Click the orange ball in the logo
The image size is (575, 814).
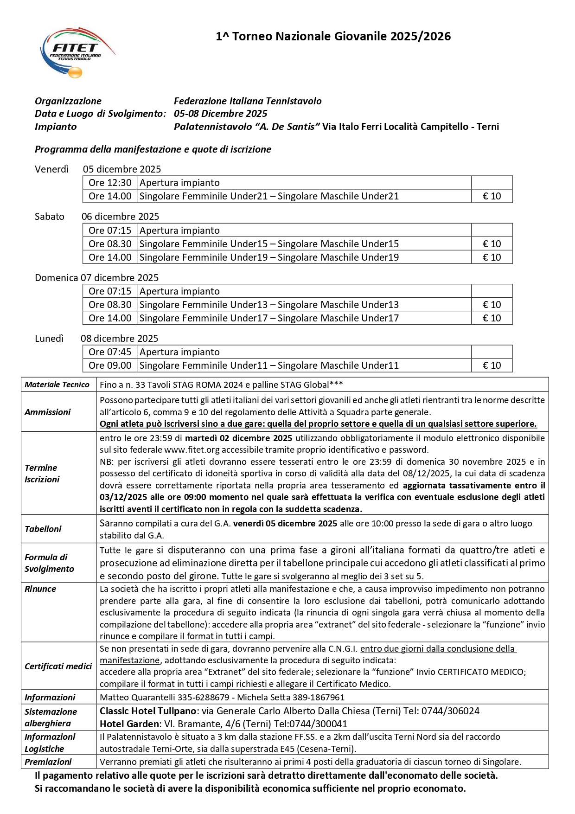pyautogui.click(x=75, y=72)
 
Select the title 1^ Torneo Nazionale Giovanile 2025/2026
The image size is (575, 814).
pyautogui.click(x=333, y=37)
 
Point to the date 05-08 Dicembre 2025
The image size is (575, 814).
pyautogui.click(x=220, y=114)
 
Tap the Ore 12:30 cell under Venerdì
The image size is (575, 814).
pyautogui.click(x=110, y=183)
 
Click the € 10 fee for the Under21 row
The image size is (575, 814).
pyautogui.click(x=492, y=196)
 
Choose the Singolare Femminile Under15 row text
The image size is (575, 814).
pyautogui.click(x=269, y=244)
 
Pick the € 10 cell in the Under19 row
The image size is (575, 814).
pyautogui.click(x=492, y=257)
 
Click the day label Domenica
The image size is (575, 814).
pyautogui.click(x=56, y=278)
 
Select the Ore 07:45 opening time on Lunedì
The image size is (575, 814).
pyautogui.click(x=110, y=352)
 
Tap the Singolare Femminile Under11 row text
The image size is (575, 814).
pyautogui.click(x=269, y=365)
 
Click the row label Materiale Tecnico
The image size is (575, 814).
pyautogui.click(x=57, y=385)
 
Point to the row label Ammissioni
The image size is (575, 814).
pyautogui.click(x=47, y=412)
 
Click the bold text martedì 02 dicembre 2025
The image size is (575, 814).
pyautogui.click(x=238, y=438)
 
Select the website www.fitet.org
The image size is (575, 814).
pyautogui.click(x=192, y=450)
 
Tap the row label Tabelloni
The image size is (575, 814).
pyautogui.click(x=43, y=529)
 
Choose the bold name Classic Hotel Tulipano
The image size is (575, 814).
pyautogui.click(x=148, y=711)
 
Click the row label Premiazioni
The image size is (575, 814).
pyautogui.click(x=48, y=762)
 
